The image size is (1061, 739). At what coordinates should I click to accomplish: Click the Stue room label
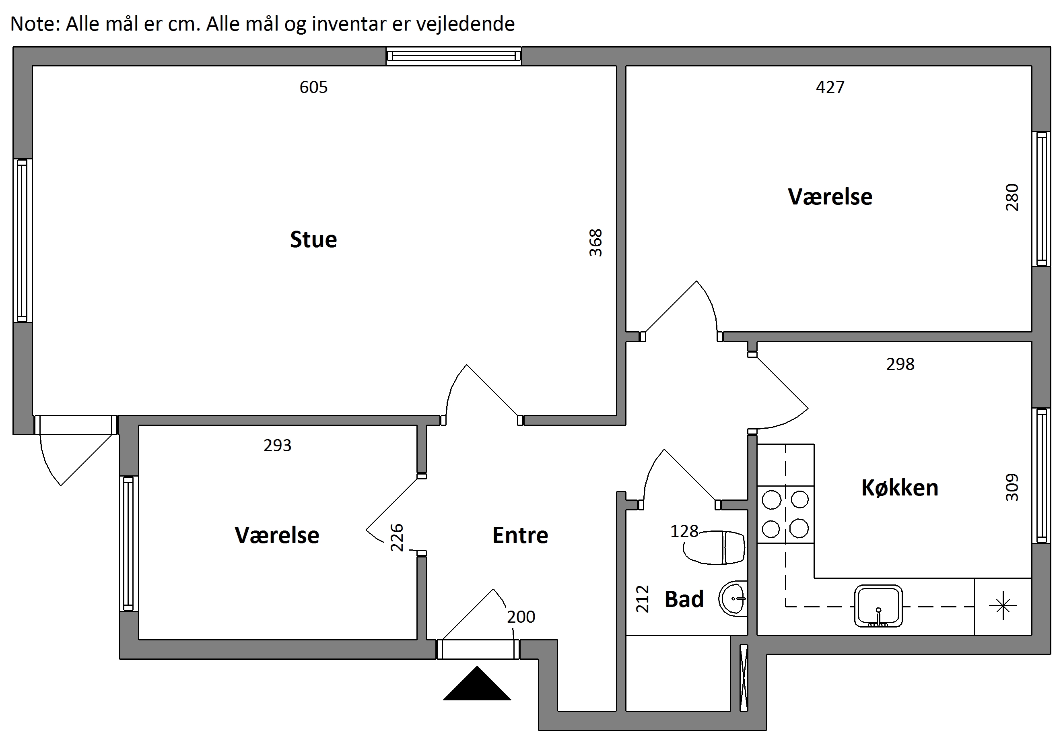coord(313,239)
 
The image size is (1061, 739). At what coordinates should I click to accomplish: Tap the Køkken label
coord(900,487)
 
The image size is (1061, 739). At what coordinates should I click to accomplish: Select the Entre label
coord(520,535)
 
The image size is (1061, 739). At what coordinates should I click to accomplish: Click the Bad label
coord(684,599)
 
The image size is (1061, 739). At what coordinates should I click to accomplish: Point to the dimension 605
coord(313,87)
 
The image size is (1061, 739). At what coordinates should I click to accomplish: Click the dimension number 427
coord(830,87)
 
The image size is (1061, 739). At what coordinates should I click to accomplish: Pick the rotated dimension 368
coord(595,243)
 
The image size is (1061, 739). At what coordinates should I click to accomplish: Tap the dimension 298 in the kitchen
coord(900,364)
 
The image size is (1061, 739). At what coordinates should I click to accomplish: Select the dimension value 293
coord(277,445)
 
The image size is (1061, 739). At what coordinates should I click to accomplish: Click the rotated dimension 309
coord(1012,487)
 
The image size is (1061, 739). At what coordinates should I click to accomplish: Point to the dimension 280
coord(1012,197)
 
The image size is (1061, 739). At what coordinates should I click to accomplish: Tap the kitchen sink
coord(878,606)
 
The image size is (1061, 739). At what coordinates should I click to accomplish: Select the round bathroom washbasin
coord(733,598)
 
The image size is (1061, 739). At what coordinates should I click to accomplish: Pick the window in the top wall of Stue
coord(454,56)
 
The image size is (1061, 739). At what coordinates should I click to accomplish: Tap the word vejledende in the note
coord(466,24)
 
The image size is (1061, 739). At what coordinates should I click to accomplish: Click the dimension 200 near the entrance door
coord(521,617)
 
